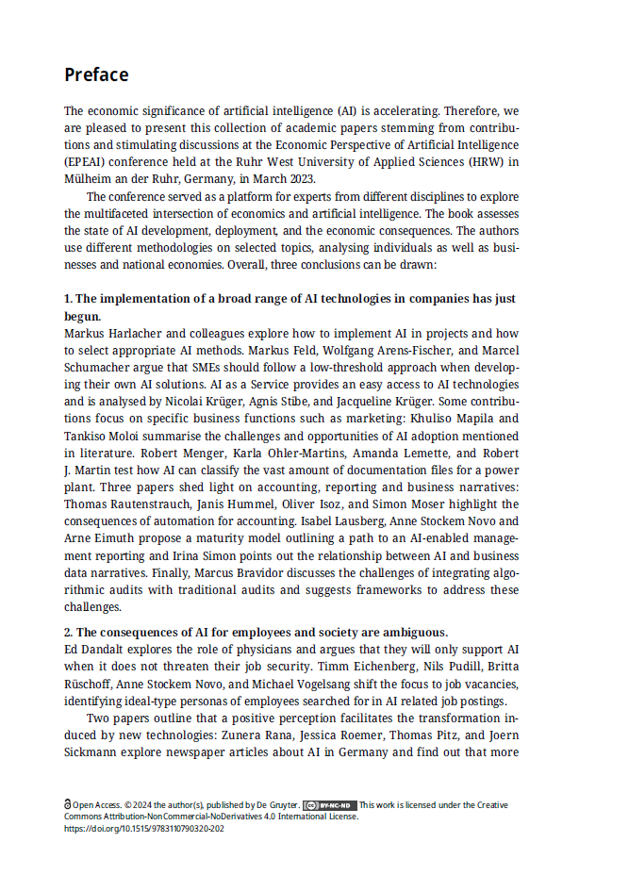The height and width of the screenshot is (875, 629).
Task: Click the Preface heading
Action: [x=96, y=74]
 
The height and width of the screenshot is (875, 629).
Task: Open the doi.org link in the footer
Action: [x=144, y=829]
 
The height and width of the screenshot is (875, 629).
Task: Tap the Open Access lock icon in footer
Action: [x=68, y=805]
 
